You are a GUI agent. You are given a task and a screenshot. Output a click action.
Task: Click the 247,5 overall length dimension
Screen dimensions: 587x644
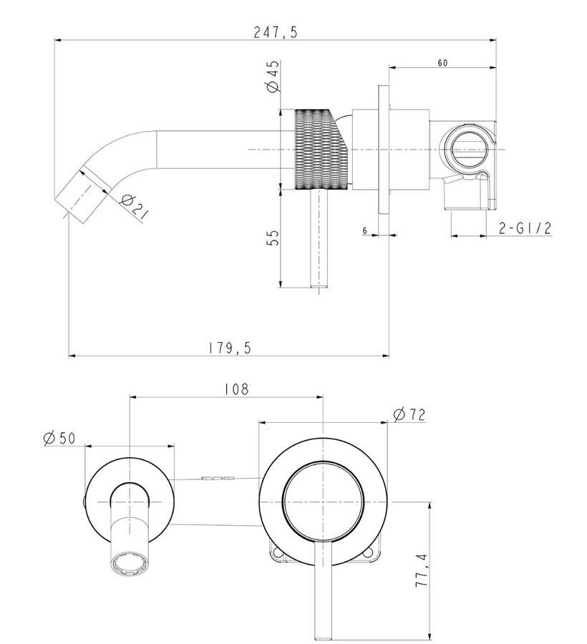pos(275,31)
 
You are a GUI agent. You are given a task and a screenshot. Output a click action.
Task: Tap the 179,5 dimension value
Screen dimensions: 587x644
pos(229,348)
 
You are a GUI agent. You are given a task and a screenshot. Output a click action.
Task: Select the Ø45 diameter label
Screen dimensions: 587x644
pos(273,76)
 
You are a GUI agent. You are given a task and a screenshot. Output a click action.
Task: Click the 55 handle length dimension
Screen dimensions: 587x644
pos(273,238)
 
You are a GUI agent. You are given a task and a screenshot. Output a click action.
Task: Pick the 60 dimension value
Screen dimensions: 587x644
pos(442,63)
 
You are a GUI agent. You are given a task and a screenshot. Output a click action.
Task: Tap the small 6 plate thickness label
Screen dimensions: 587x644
pos(365,231)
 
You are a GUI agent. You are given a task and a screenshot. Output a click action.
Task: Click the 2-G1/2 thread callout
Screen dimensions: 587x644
pos(525,228)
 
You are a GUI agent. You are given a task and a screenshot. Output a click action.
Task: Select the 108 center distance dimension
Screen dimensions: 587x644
pos(237,389)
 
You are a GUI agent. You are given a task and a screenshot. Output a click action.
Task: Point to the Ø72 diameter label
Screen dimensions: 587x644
pos(409,414)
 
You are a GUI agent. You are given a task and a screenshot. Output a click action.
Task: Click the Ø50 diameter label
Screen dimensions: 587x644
pos(59,438)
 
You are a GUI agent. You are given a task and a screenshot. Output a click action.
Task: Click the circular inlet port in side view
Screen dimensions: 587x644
pos(469,149)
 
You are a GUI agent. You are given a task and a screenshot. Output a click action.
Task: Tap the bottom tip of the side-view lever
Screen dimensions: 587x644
pos(319,287)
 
